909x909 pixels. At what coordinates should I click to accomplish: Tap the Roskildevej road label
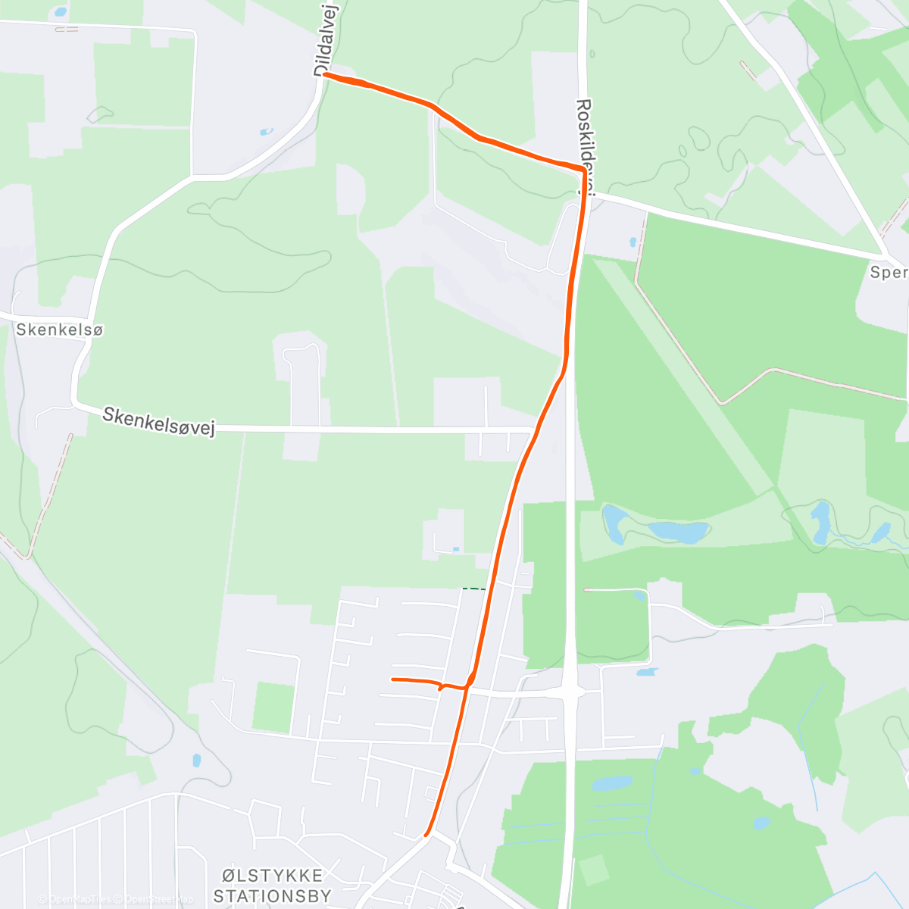coord(585,148)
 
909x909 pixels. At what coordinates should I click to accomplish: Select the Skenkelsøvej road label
coord(159,422)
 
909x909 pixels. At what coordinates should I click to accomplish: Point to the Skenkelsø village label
coord(59,330)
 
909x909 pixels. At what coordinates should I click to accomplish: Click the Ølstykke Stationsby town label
coord(273,886)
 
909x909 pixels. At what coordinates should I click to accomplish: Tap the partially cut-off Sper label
coord(889,272)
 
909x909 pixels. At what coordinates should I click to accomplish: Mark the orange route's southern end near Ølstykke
coord(427,835)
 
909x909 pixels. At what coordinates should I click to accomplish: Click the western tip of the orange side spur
coord(392,679)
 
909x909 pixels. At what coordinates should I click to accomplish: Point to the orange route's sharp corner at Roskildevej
coord(583,169)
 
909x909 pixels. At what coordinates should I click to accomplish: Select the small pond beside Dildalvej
coord(266,132)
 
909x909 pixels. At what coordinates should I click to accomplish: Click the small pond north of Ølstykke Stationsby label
coord(197,760)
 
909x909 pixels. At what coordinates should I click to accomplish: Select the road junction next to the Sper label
coord(885,254)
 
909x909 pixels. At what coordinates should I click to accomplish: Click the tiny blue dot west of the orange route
coord(455,548)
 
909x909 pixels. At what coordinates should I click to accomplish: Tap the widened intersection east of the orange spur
coord(570,691)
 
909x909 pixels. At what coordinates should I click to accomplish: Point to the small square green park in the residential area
coord(273,708)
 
